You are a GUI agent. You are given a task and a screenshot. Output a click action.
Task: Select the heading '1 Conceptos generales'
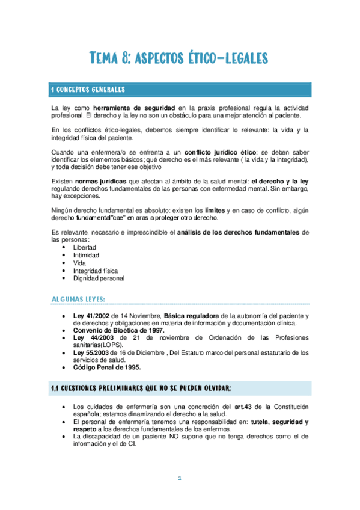[88, 90]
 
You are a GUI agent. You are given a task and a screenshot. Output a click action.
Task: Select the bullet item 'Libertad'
[84, 247]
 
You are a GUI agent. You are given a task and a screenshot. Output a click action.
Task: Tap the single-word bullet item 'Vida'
[80, 263]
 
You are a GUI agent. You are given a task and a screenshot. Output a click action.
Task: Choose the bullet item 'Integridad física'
[96, 271]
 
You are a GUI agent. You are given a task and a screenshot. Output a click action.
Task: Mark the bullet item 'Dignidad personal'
[99, 278]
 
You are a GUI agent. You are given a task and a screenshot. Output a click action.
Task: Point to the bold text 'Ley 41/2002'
[91, 316]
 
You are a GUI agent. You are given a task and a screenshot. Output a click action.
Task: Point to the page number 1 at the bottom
[179, 478]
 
